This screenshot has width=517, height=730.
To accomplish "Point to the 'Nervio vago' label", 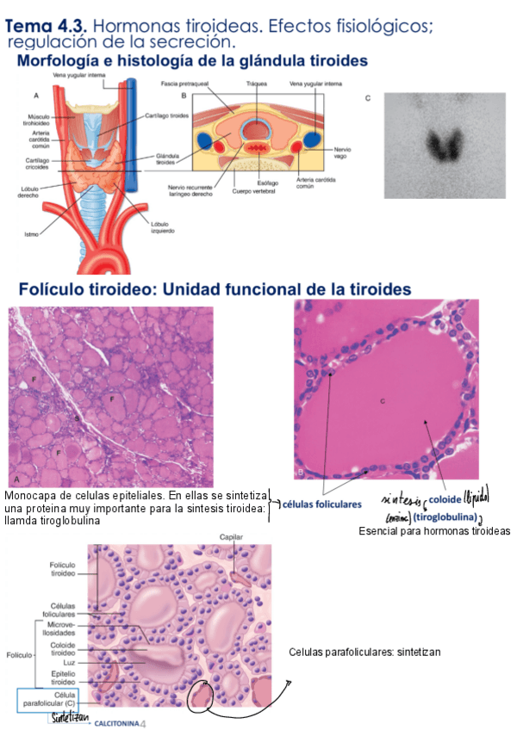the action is pos(342,152).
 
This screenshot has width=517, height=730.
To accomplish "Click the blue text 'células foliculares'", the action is pos(322,504).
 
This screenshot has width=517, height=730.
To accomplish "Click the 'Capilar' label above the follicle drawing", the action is pos(231,538).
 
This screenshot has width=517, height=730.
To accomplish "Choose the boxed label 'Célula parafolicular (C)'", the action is pos(53,698).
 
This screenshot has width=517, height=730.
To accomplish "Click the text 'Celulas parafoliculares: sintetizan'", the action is pos(364,652).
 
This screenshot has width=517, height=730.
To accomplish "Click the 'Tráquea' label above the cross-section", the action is pos(256,84).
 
